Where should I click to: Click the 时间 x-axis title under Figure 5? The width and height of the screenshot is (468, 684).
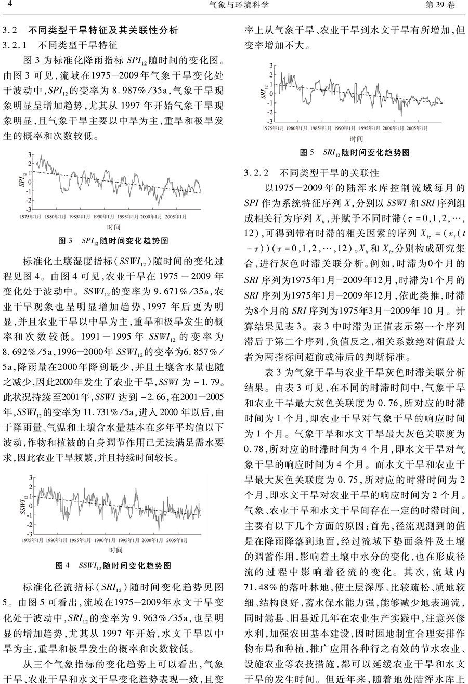(x=356, y=138)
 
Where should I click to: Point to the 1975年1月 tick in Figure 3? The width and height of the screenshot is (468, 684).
(x=31, y=215)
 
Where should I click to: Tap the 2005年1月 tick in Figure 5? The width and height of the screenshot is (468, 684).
(x=418, y=127)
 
